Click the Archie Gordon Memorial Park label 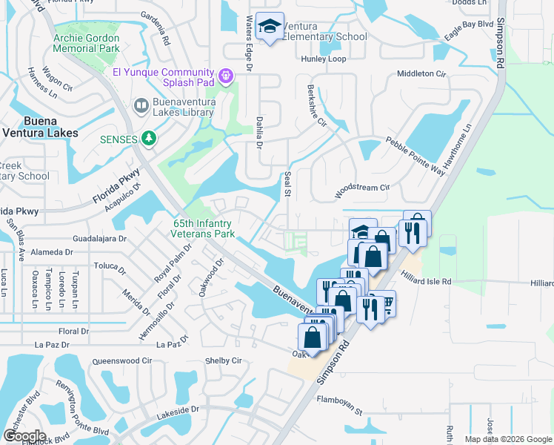pos(86,44)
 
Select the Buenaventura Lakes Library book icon pos(140,107)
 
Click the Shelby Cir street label pos(223,360)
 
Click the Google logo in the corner pos(24,436)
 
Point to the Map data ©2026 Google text pos(507,439)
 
